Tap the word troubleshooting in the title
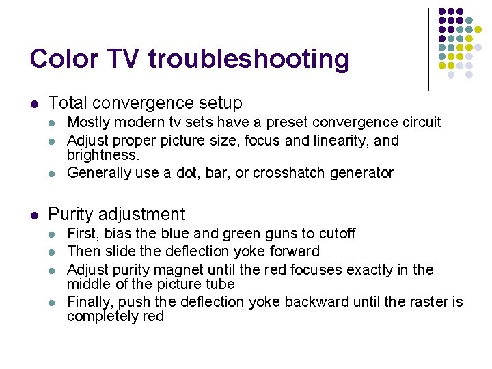[248, 60]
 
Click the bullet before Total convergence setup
[34, 104]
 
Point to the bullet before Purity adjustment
[34, 215]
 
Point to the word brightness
[102, 154]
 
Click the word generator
[360, 173]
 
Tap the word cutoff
[333, 234]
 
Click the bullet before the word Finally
[54, 303]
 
